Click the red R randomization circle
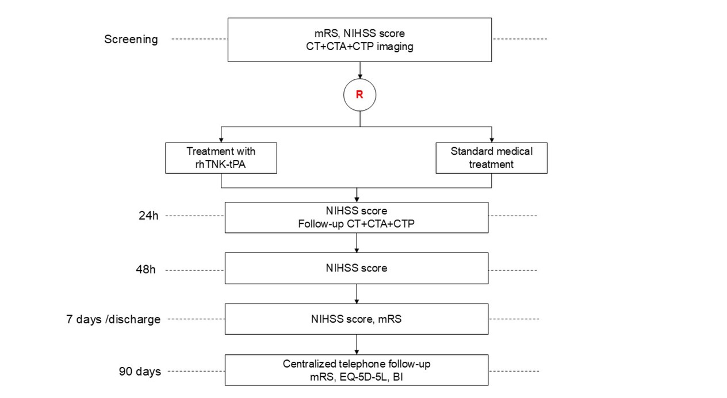tap(359, 95)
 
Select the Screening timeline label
tap(131, 40)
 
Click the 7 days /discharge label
tap(113, 319)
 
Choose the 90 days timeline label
tap(140, 371)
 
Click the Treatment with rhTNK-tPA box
tap(221, 158)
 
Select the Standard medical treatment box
tap(491, 158)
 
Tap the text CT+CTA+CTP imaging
tap(359, 47)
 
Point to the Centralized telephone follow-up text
tap(357, 363)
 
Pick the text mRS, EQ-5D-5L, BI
tap(357, 378)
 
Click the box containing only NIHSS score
tap(357, 269)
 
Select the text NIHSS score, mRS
tap(357, 319)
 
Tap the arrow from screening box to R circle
tap(359, 70)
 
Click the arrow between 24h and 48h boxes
tap(357, 243)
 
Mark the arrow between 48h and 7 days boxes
tap(357, 294)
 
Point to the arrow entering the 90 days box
tap(357, 345)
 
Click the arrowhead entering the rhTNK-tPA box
tap(221, 140)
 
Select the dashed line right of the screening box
tap(520, 40)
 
